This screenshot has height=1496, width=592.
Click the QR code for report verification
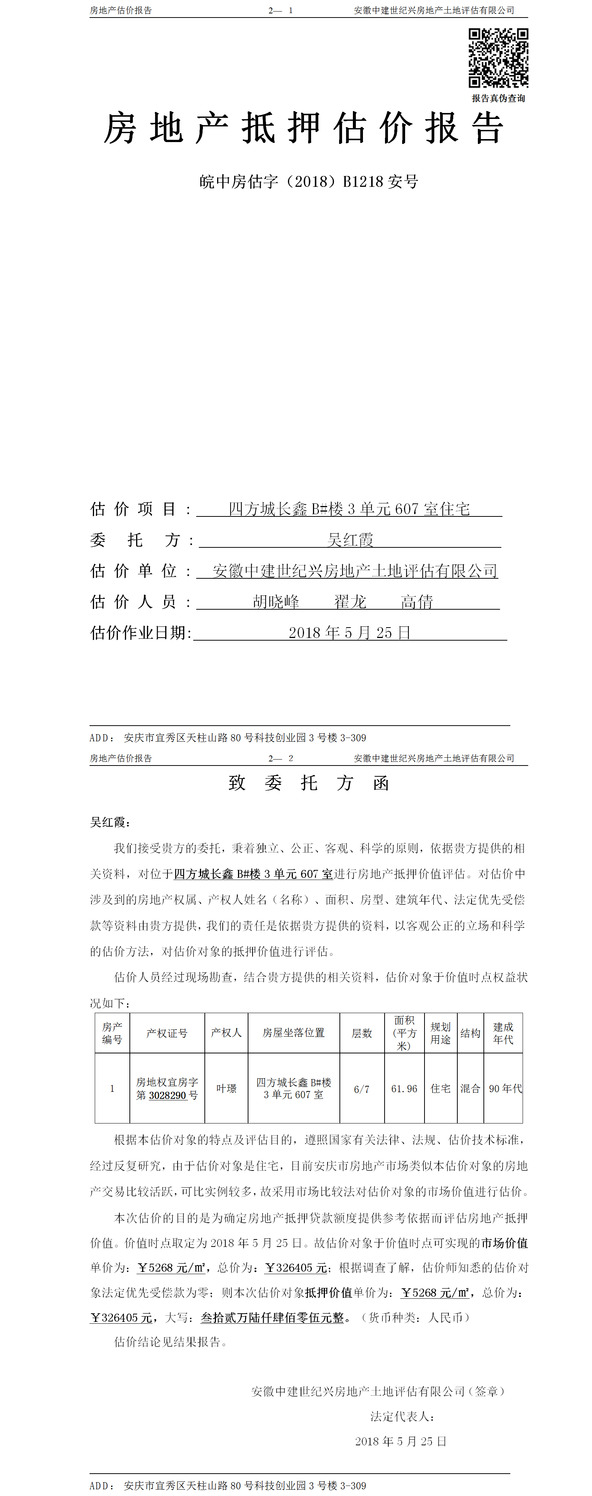(498, 57)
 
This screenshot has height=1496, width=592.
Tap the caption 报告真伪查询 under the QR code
(498, 98)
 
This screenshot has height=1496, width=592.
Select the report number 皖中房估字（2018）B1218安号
(308, 182)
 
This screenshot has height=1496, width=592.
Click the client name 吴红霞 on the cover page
(350, 540)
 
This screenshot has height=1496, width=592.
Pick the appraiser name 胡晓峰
(276, 602)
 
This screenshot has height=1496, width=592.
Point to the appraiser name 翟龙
(350, 602)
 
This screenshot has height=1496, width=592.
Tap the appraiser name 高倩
(417, 602)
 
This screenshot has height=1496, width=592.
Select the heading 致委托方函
(308, 783)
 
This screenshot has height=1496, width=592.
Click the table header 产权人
(226, 1033)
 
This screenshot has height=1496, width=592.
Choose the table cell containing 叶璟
(226, 1088)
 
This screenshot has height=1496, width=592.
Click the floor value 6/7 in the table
(361, 1089)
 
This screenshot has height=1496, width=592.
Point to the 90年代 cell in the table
(505, 1088)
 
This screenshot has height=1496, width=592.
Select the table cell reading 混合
(470, 1088)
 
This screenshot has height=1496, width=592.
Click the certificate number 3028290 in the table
(167, 1095)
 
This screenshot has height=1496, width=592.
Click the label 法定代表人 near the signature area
(402, 1417)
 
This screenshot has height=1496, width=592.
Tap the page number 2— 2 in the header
(281, 758)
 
